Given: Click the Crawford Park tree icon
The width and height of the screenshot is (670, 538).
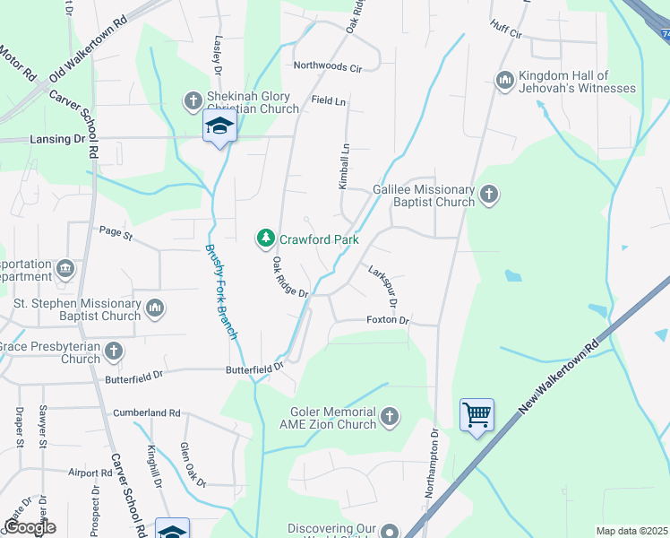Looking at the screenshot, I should [x=265, y=239].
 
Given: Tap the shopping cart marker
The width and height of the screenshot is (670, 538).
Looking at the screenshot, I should [x=477, y=414].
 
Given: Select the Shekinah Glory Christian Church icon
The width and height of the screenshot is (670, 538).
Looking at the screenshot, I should [x=193, y=101].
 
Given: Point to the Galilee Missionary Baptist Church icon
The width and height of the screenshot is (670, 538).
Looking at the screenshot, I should [x=488, y=194].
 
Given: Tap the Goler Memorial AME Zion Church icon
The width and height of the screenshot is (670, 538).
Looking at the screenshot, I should [x=389, y=417].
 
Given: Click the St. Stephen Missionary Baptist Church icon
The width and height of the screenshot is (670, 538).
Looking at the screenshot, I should [x=155, y=308].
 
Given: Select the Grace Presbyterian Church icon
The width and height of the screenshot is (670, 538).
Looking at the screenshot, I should [x=114, y=351].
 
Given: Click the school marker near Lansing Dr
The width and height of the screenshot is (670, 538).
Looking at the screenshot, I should [x=219, y=127].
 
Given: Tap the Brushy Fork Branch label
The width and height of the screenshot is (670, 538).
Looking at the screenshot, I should [x=220, y=292].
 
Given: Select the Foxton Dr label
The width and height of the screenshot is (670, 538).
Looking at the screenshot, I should [x=387, y=320].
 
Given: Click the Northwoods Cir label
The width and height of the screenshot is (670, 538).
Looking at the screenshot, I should [x=327, y=67].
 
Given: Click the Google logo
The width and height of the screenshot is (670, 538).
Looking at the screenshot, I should [x=29, y=527].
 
